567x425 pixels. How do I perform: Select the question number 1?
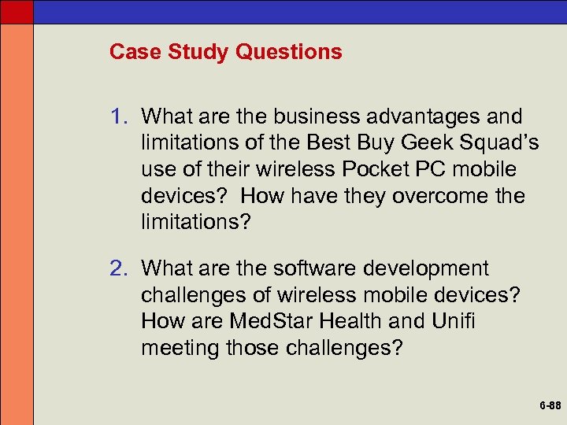click(118, 117)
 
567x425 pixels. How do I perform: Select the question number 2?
click(118, 269)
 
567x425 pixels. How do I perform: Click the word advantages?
click(432, 117)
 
